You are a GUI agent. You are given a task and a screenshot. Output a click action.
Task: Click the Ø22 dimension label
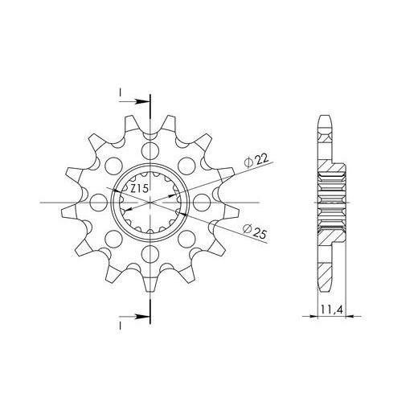(x=256, y=162)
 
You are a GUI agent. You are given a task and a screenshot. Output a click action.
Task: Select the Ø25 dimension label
(x=254, y=232)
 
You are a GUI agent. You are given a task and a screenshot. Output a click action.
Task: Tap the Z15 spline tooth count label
(x=139, y=189)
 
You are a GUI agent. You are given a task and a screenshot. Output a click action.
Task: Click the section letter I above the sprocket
(x=121, y=92)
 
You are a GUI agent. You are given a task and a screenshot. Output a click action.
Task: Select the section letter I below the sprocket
(x=121, y=326)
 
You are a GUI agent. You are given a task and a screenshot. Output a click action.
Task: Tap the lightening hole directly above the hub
(x=150, y=151)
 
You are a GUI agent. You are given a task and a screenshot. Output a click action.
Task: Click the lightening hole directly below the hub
(x=150, y=254)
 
